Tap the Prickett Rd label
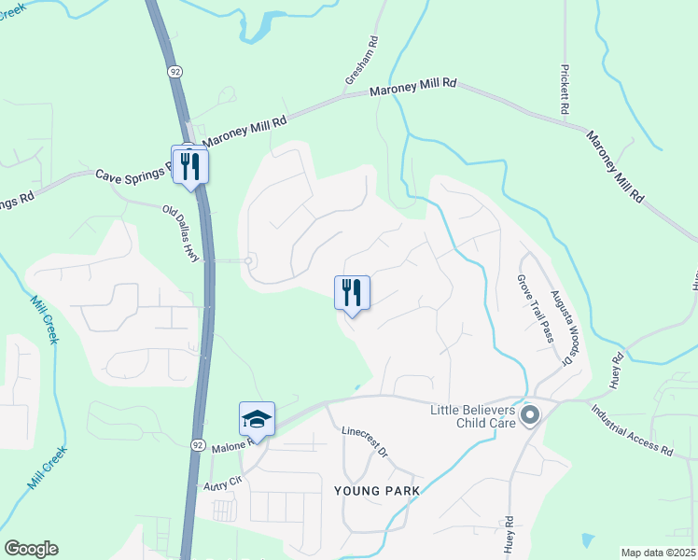click(565, 90)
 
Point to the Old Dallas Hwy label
click(182, 234)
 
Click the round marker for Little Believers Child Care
click(530, 414)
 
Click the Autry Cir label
click(222, 483)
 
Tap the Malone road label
click(232, 445)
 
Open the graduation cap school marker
click(257, 419)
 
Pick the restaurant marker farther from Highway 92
click(352, 292)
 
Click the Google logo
click(31, 549)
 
